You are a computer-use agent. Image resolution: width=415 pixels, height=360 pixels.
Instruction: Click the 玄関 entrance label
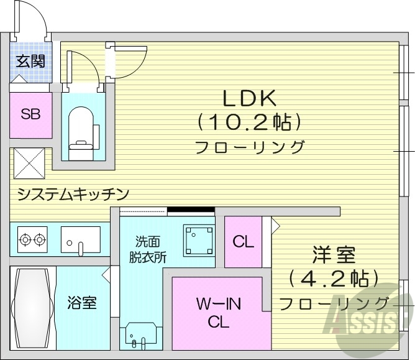pyautogui.click(x=29, y=61)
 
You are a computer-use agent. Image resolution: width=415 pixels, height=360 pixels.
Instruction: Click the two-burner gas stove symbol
pyautogui.click(x=33, y=238)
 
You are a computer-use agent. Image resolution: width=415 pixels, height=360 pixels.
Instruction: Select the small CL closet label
pyautogui.click(x=243, y=242)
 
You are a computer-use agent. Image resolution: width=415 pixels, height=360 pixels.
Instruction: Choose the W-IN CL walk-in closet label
pyautogui.click(x=219, y=313)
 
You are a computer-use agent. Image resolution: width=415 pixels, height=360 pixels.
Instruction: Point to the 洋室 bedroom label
pyautogui.click(x=334, y=254)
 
